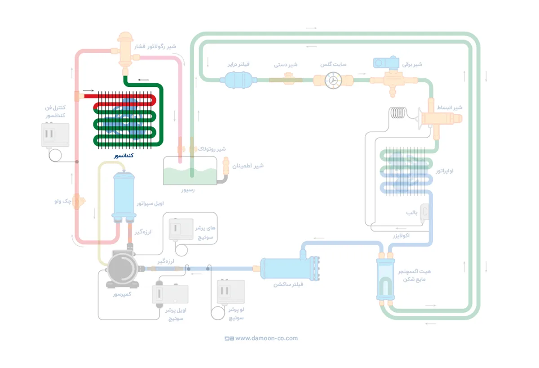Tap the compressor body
click(122, 269)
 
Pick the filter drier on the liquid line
click(232, 80)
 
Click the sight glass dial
click(333, 80)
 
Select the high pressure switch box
click(181, 229)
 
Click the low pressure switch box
click(230, 292)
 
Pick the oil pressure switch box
click(170, 294)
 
